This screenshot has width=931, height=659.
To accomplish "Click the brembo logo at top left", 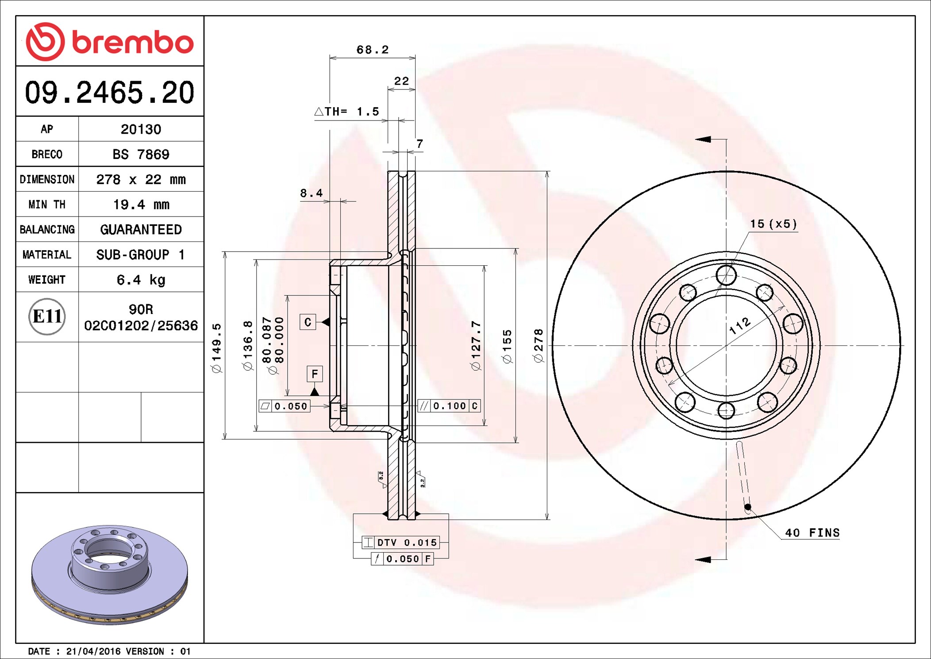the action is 110,42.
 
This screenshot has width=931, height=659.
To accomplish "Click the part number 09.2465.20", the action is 110,93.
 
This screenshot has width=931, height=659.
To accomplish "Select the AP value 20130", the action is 141,129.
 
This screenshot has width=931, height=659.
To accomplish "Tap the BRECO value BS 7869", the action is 141,154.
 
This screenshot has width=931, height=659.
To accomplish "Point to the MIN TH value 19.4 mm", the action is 141,205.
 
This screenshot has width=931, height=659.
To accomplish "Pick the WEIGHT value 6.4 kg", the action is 141,280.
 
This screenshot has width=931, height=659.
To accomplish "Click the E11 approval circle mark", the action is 47,316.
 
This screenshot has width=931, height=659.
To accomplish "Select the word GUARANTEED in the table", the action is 141,229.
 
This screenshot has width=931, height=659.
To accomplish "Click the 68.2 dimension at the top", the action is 373,50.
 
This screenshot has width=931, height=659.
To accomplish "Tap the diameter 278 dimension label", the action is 538,345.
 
